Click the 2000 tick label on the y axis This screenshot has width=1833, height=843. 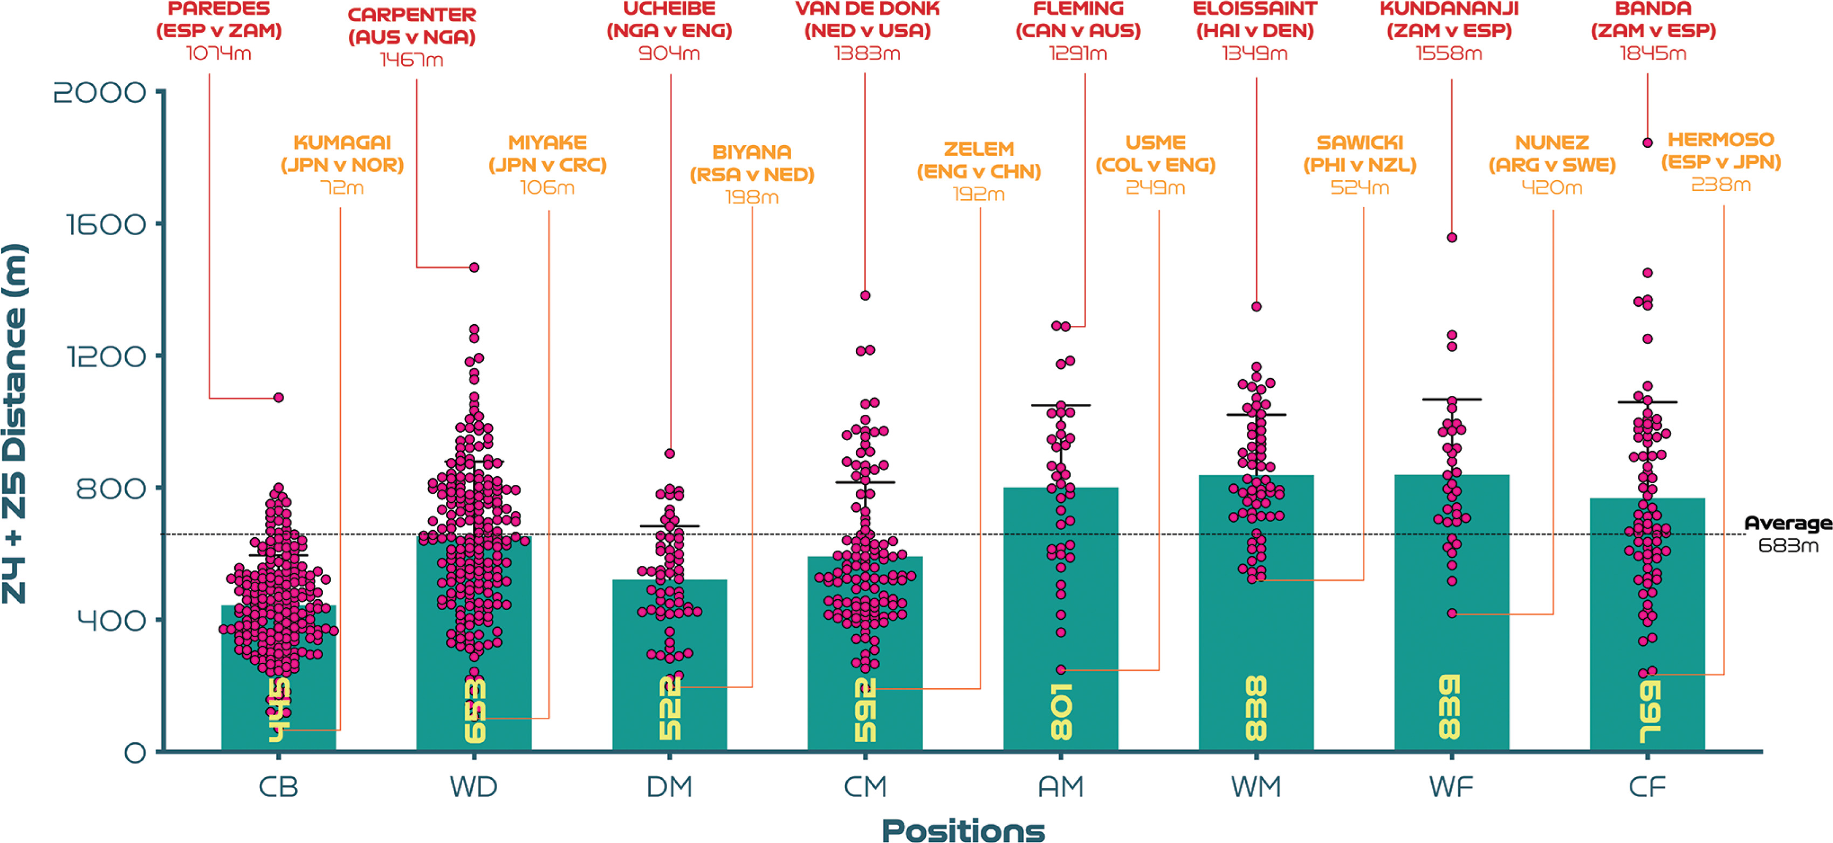(x=100, y=92)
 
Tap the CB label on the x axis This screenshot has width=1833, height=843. (x=278, y=787)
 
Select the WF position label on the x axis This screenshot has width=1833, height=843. (x=1452, y=787)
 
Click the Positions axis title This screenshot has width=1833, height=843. (x=963, y=830)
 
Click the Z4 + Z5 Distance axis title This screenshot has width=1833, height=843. (x=16, y=424)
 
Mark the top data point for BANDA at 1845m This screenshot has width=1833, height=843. (x=1647, y=143)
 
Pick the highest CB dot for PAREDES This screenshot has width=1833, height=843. (x=279, y=397)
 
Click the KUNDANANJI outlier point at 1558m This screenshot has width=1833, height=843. (x=1452, y=238)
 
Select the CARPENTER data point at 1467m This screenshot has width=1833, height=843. (x=475, y=268)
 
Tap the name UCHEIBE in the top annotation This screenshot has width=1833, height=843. (x=669, y=9)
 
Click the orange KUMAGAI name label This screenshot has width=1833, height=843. (x=342, y=142)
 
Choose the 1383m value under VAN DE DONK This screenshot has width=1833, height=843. (x=867, y=53)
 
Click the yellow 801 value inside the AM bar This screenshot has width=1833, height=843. (x=1061, y=711)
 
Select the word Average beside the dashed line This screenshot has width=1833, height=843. (x=1788, y=523)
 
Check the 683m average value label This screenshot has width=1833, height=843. (x=1788, y=546)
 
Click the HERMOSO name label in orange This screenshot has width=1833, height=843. (x=1721, y=140)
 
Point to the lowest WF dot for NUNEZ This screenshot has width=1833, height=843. (x=1452, y=613)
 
